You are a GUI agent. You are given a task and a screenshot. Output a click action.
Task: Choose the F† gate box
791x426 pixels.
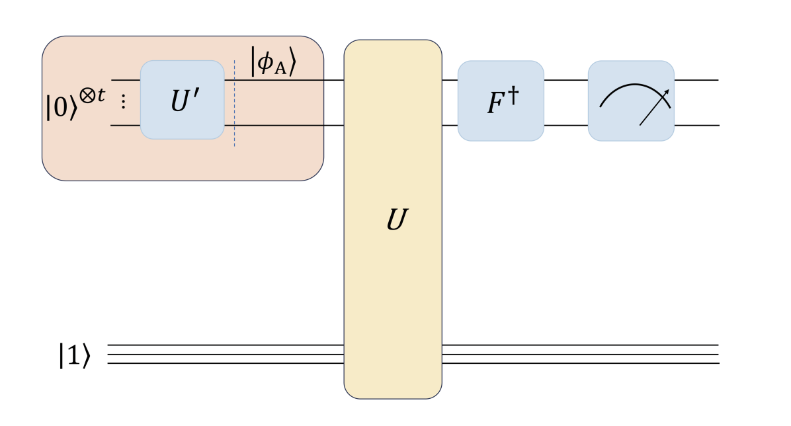(x=501, y=101)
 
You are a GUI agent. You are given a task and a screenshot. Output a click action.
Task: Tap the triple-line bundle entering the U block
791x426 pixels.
(x=225, y=354)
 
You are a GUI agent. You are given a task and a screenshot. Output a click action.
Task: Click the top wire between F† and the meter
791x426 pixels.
(x=566, y=80)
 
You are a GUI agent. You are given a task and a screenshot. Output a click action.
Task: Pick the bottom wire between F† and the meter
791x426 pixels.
(x=566, y=124)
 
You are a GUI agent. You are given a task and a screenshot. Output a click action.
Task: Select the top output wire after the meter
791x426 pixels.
(x=696, y=80)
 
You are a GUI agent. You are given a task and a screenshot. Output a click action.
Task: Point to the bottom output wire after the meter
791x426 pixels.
(x=696, y=124)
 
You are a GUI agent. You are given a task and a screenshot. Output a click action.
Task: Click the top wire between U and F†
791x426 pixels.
(x=450, y=80)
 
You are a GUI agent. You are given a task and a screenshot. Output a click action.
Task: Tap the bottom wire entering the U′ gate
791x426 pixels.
(x=125, y=124)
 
